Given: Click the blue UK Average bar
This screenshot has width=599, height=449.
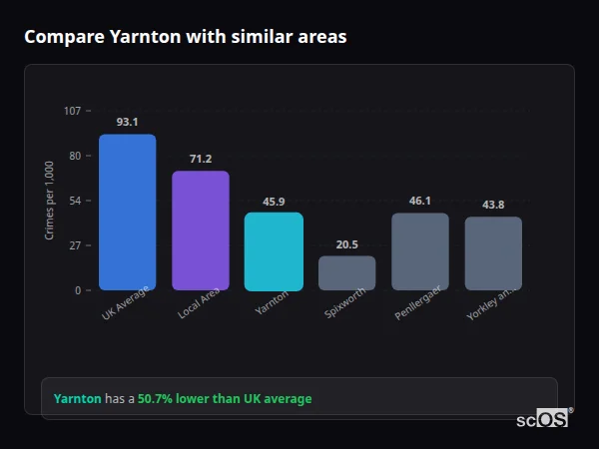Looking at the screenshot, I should click(x=127, y=213).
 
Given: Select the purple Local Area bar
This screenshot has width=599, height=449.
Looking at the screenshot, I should click(x=200, y=230).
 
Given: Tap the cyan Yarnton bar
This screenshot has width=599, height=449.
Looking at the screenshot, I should click(x=274, y=251).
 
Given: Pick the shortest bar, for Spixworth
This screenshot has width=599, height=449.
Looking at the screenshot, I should click(x=346, y=273).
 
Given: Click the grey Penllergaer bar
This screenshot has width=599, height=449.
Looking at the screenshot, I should click(x=419, y=251).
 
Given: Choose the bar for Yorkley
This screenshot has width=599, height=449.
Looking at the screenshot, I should click(x=493, y=253).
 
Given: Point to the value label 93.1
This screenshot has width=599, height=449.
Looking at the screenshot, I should click(x=127, y=122).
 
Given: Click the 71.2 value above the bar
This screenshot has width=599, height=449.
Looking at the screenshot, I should click(x=200, y=159).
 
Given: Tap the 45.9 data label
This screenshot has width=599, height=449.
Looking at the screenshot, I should click(x=274, y=201).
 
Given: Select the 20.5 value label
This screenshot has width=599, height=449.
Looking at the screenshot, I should click(x=346, y=243).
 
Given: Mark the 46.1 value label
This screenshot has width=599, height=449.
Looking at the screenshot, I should click(x=419, y=201).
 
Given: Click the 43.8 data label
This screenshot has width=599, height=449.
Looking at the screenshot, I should click(x=493, y=205).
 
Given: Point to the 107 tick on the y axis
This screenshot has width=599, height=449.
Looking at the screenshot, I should click(x=72, y=111).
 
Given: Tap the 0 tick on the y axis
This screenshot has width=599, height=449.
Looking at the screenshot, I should click(x=77, y=290).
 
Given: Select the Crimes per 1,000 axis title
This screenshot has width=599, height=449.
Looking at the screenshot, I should click(x=49, y=200).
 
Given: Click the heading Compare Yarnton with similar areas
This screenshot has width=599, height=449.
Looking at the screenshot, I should click(x=185, y=37).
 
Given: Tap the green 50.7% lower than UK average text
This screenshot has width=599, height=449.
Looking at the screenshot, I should click(x=225, y=398).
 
